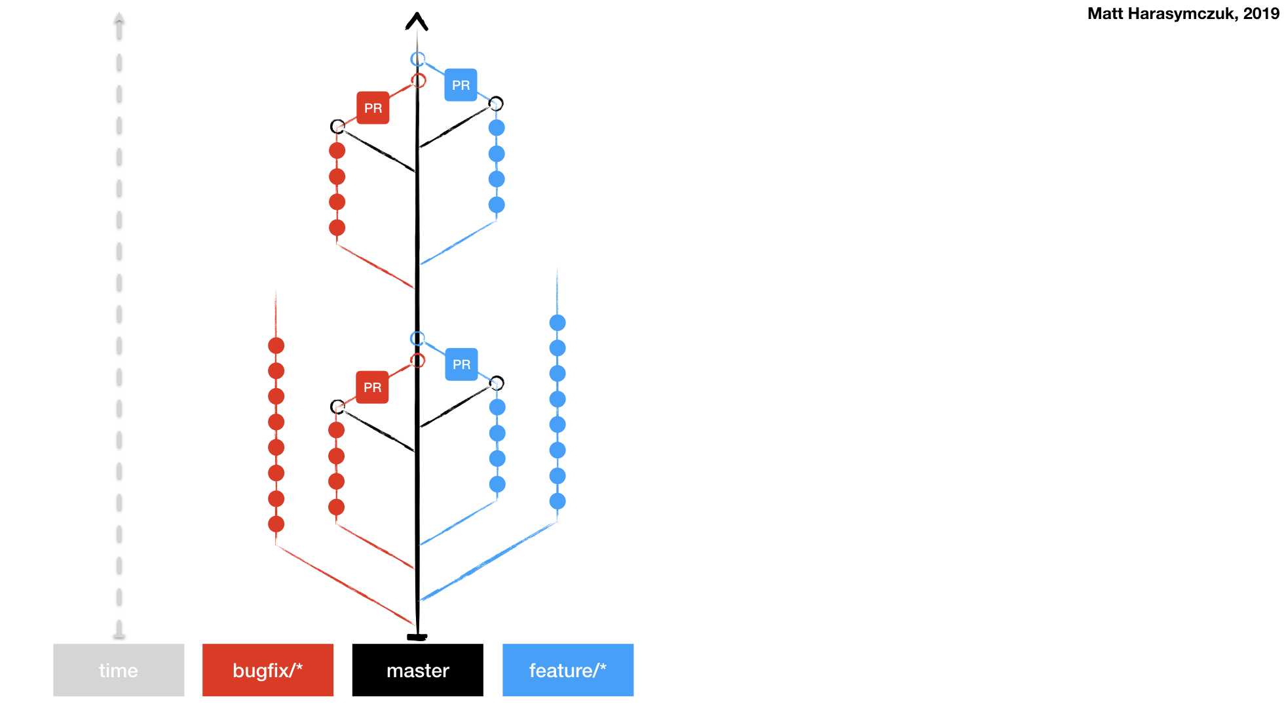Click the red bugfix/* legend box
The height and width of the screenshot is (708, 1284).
tap(268, 670)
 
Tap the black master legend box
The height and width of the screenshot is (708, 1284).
tap(418, 670)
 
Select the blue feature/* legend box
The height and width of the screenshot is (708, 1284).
tap(568, 670)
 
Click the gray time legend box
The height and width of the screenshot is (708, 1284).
tap(119, 670)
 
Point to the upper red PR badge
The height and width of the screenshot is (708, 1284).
tap(373, 108)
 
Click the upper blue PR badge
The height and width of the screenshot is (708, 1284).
tap(461, 85)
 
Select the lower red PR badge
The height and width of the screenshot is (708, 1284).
tap(372, 387)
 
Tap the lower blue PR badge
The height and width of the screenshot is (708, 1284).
tap(461, 364)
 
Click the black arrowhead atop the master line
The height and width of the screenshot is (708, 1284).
tap(417, 22)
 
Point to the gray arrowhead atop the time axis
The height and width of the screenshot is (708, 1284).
tap(119, 18)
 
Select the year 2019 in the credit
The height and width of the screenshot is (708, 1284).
tap(1260, 14)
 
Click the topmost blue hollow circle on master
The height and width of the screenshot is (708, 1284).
tap(418, 59)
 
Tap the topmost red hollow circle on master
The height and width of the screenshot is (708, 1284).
tap(419, 81)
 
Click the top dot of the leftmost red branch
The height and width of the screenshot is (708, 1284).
tap(276, 345)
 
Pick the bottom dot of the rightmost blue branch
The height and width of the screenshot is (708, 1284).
tap(557, 501)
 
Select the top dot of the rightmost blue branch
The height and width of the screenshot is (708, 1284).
tap(557, 323)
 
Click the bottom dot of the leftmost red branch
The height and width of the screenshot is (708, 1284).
tap(276, 524)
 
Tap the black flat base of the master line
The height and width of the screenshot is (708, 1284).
tap(417, 637)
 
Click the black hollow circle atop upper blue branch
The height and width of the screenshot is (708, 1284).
tap(496, 104)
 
